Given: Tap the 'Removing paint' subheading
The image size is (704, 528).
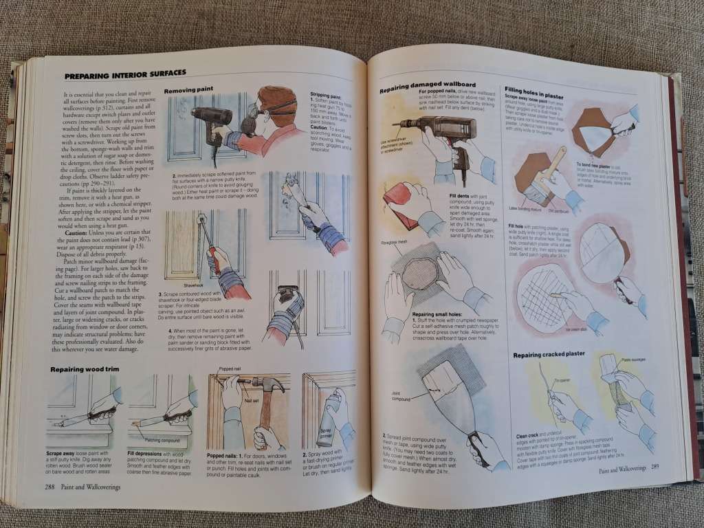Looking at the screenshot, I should [x=188, y=89].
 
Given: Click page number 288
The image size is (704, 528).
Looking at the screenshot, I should [x=44, y=486].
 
